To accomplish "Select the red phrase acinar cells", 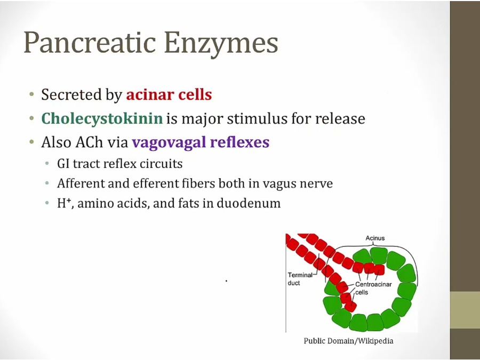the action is (x=169, y=94).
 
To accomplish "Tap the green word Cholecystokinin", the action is (x=102, y=118).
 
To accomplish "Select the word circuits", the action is (x=161, y=164).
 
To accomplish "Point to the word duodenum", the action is (x=249, y=203).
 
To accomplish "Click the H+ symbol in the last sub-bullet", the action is (x=64, y=203).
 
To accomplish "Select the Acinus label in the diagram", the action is (x=375, y=238).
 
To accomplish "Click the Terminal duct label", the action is (x=300, y=279).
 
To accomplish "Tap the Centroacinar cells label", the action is (x=373, y=288).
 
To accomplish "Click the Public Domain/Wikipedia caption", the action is (x=348, y=341).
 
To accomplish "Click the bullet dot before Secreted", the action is (x=31, y=94).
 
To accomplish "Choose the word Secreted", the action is (x=72, y=94).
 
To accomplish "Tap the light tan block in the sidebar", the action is (x=465, y=310).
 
